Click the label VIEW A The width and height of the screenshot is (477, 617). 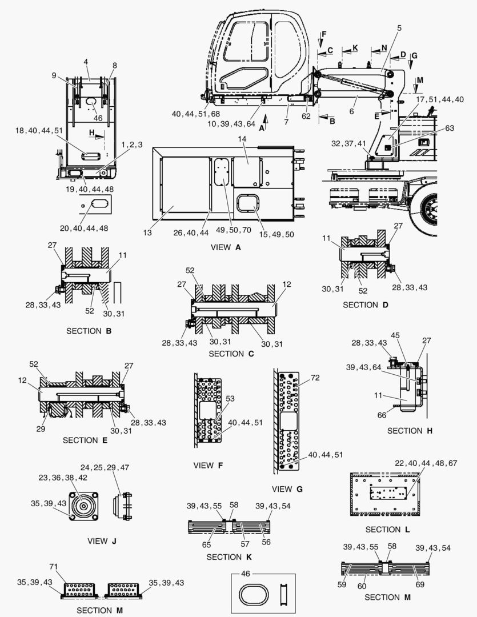coord(229,247)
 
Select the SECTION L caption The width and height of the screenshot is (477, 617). coord(387,530)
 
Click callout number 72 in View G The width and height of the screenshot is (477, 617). coord(314,379)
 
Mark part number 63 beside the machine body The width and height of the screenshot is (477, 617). coord(435,128)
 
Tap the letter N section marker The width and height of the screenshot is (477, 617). coord(384,47)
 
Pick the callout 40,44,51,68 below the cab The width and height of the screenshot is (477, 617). coord(195,114)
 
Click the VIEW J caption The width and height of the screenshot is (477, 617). coord(102,540)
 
